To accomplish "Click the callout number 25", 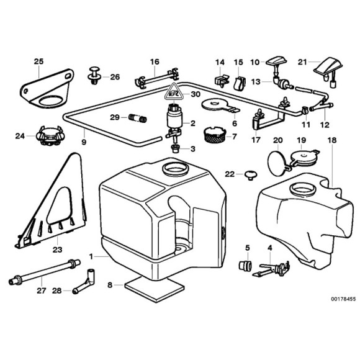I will click(x=38, y=61).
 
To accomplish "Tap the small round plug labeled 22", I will click(x=250, y=174).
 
